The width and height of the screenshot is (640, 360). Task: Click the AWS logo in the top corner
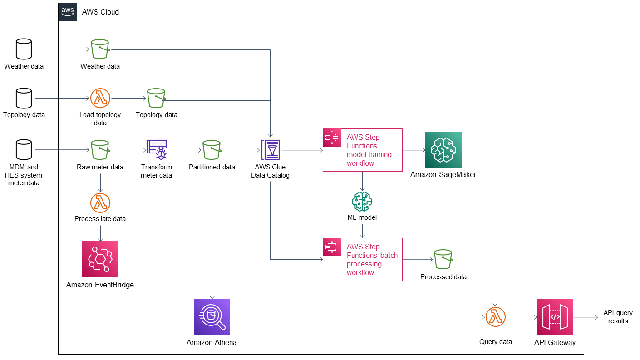point(68,12)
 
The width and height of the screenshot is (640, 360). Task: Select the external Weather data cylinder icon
point(24,49)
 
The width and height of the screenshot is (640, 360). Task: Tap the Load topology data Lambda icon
point(100,98)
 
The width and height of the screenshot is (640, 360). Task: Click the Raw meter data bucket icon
point(100,150)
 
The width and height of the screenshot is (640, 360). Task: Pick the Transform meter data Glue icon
point(157,150)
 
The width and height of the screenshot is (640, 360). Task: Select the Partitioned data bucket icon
point(212,150)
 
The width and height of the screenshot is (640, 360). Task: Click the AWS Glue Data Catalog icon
point(271,150)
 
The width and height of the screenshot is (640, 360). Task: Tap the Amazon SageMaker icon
point(443,150)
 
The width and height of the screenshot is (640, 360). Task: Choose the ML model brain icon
point(362,202)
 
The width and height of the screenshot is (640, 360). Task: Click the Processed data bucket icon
point(443,259)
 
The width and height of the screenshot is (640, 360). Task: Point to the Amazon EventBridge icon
point(100,259)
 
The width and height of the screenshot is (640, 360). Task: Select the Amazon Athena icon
point(212,316)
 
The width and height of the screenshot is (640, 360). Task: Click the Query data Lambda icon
point(495,317)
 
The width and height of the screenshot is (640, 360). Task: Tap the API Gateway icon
point(555,316)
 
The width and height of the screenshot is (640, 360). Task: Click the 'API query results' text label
point(618,317)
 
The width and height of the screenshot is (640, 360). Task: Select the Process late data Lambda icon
point(100,202)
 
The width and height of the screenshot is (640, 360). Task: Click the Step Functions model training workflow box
point(362,150)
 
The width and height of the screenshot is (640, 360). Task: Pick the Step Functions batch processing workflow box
point(362,259)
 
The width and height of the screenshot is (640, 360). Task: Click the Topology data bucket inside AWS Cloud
point(157,98)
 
